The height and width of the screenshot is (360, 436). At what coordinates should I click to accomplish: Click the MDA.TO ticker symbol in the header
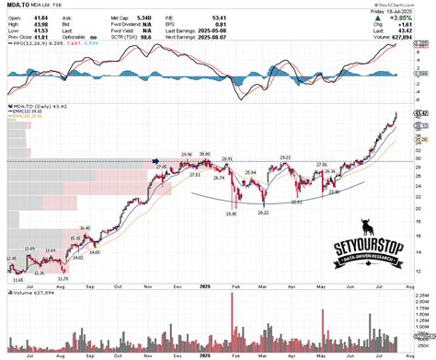pos(16,5)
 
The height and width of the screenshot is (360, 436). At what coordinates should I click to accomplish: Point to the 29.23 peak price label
pos(285,157)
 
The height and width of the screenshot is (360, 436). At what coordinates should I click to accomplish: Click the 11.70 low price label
pos(63,278)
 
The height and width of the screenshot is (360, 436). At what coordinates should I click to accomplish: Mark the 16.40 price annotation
pos(86,227)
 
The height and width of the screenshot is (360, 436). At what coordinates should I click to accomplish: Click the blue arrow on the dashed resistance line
pos(155,160)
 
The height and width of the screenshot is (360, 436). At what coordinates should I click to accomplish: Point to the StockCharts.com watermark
pos(409,5)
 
